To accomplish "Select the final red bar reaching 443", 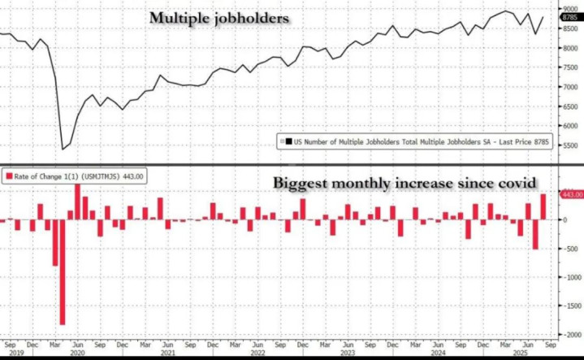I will [543, 207].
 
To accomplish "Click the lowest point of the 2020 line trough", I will [63, 149].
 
